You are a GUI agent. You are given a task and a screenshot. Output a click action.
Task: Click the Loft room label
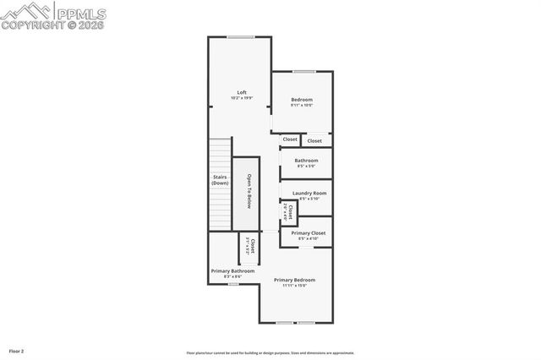pos(242,92)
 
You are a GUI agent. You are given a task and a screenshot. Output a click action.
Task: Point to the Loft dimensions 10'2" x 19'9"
pos(242,98)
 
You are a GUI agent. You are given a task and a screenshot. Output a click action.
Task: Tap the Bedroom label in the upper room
pos(302,100)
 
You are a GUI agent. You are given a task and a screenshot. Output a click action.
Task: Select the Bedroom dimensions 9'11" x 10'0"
pos(302,106)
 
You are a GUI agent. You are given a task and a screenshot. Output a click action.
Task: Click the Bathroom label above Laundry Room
pos(306,161)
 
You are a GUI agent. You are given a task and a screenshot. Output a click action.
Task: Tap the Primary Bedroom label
pos(294,280)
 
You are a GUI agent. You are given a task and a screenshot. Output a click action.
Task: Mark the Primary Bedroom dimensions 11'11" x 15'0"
pos(294,286)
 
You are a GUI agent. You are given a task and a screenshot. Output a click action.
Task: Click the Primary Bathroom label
pos(226,270)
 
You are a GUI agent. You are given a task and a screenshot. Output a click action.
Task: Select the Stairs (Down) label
pos(220,180)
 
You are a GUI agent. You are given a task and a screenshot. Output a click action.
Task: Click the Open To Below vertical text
pos(249,191)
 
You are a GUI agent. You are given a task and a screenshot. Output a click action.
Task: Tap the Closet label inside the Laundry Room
pos(290,210)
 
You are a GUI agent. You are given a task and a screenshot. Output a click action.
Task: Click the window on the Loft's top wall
pos(241,36)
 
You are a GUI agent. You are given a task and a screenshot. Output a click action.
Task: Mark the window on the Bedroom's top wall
pos(303,71)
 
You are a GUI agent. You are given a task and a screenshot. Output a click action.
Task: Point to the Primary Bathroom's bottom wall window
pos(233,284)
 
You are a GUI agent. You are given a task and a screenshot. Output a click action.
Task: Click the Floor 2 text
pos(16,350)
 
